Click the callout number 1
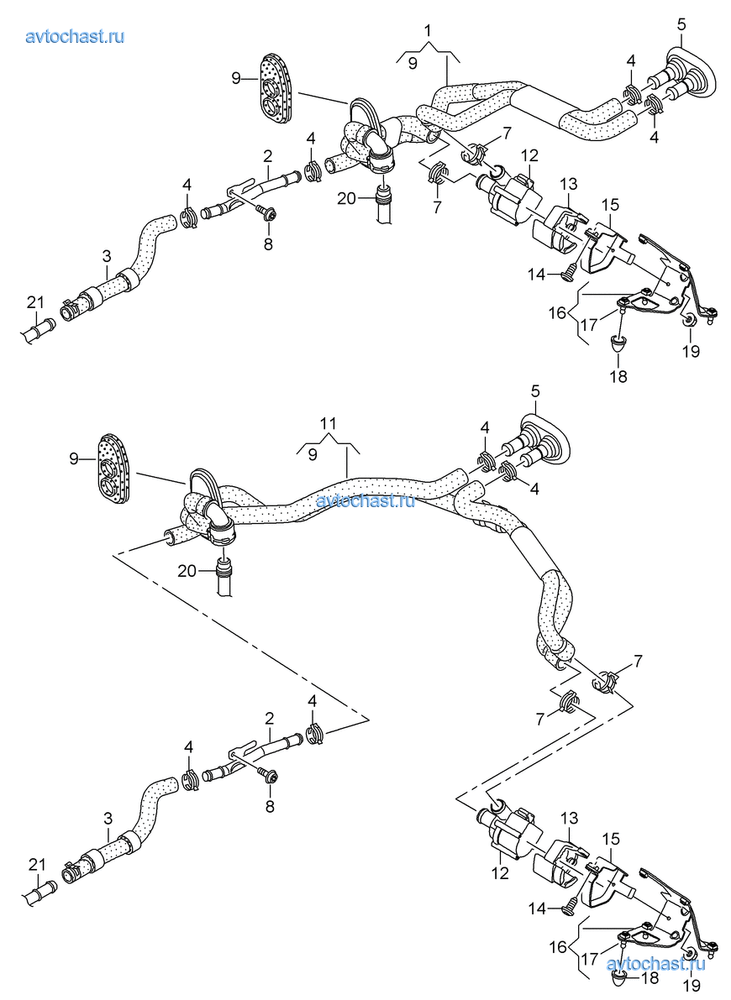click(428, 32)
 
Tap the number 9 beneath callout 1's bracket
click(412, 63)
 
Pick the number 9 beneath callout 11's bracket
click(313, 454)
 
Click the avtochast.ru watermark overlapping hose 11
click(366, 501)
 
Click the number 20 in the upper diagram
click(347, 198)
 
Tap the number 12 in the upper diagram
click(529, 155)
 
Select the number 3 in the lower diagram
click(107, 817)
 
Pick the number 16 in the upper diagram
click(558, 313)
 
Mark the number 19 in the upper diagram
click(691, 352)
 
